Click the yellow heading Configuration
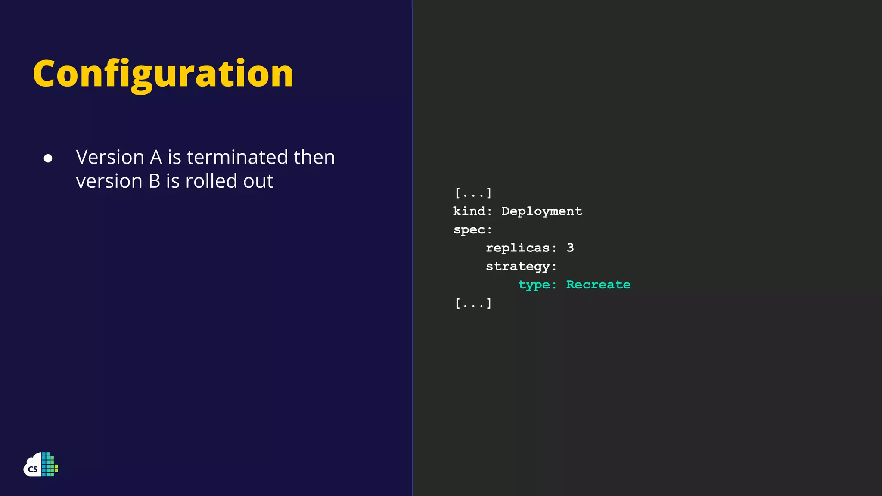pyautogui.click(x=163, y=74)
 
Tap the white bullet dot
pyautogui.click(x=48, y=158)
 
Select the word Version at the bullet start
pyautogui.click(x=110, y=157)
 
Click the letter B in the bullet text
pyautogui.click(x=154, y=181)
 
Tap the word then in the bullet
pyautogui.click(x=314, y=157)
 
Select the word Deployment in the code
pyautogui.click(x=541, y=211)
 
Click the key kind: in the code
pyautogui.click(x=472, y=211)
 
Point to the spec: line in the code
pyautogui.click(x=472, y=230)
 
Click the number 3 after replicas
pyautogui.click(x=570, y=248)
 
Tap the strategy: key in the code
pyautogui.click(x=521, y=267)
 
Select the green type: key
pyautogui.click(x=537, y=285)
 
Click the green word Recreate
pyautogui.click(x=598, y=285)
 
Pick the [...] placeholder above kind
pyautogui.click(x=473, y=193)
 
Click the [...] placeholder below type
pyautogui.click(x=473, y=303)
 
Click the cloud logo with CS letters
pyautogui.click(x=40, y=465)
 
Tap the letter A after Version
pyautogui.click(x=156, y=157)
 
